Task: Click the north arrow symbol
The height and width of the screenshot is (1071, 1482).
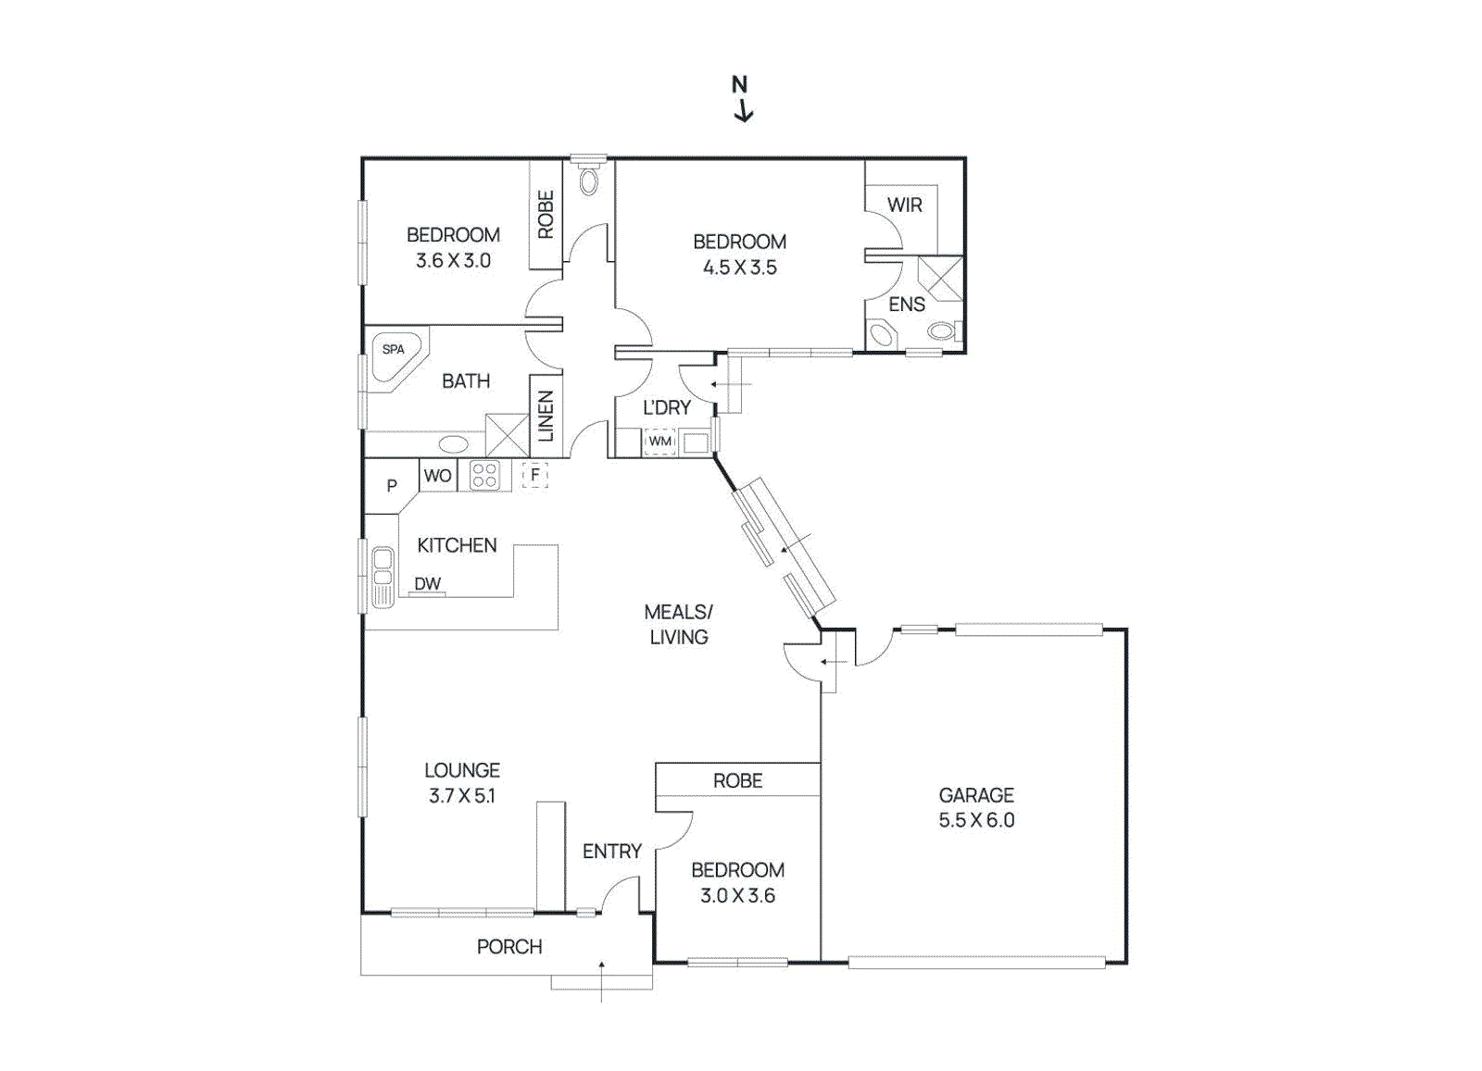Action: coord(742,99)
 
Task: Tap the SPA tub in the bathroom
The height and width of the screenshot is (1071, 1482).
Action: coord(396,355)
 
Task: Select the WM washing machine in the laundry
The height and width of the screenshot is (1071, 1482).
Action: coord(659,442)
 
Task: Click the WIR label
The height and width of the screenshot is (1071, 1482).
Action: coord(904,205)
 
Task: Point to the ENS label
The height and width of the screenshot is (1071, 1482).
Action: coord(906,305)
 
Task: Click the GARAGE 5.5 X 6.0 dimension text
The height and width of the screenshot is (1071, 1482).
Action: coord(976,820)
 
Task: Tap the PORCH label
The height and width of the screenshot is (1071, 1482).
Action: coord(509,947)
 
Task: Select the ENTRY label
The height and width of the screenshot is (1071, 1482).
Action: coord(611,852)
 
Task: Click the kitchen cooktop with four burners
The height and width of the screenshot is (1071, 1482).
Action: coord(484,476)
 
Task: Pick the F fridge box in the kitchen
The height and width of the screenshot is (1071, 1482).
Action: coord(534,475)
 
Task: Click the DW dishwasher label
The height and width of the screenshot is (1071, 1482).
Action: coord(427,584)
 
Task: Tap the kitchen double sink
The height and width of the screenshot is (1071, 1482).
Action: coord(382,578)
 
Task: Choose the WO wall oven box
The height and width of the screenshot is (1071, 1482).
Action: coord(437,476)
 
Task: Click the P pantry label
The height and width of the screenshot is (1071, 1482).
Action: coord(391,486)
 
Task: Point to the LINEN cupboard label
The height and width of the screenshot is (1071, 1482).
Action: coord(546,416)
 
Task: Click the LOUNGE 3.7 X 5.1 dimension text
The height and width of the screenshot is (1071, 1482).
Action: coord(461,796)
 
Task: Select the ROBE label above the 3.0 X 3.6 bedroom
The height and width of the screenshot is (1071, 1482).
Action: coord(737,781)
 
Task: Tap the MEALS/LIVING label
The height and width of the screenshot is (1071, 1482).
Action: coord(678,625)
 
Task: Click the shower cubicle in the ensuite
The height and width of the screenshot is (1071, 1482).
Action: coord(940,278)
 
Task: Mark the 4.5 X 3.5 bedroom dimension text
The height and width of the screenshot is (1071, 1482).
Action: coord(739,268)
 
